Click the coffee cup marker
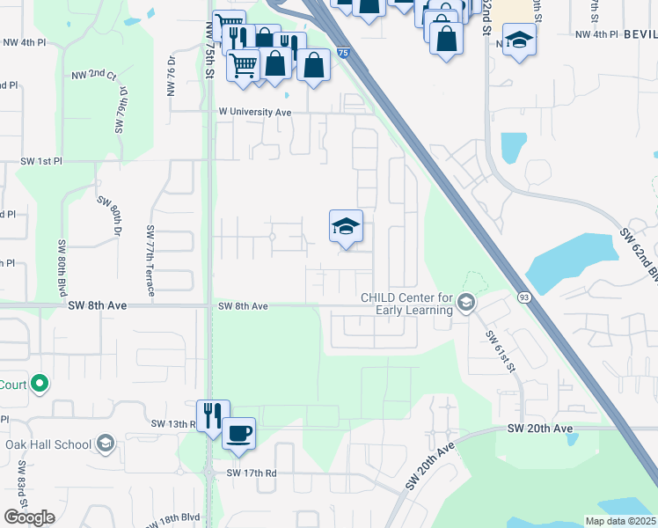pos(238,434)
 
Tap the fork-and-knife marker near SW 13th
pos(213,415)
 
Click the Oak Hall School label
pos(48,444)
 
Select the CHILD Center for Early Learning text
pos(406,304)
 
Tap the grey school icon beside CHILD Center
pos(465,304)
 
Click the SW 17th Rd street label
pos(252,473)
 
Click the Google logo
pos(29,517)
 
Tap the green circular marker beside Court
pos(39,384)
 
